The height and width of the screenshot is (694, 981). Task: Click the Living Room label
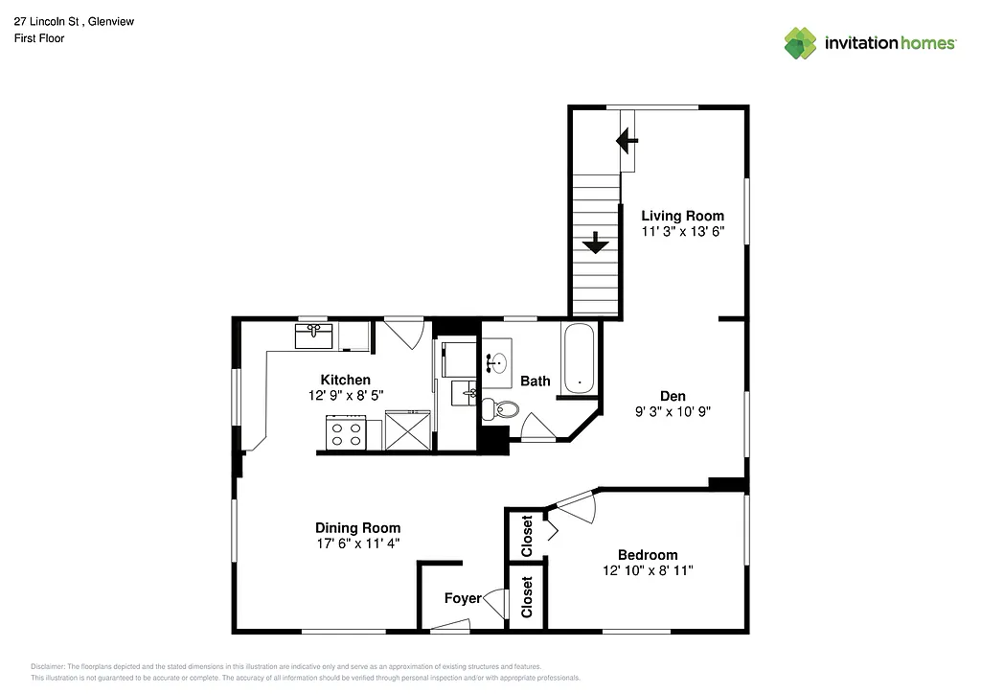tap(682, 216)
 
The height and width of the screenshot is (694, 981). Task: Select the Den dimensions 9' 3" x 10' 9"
tap(672, 411)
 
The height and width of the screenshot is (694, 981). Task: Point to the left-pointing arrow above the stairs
tap(627, 143)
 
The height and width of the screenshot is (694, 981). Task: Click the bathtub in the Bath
tap(579, 359)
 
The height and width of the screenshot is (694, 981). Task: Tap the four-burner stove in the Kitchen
tap(346, 431)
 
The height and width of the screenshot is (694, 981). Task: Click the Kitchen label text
tap(345, 380)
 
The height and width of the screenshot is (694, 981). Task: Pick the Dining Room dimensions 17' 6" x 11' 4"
tap(358, 544)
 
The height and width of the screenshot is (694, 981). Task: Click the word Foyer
tap(463, 598)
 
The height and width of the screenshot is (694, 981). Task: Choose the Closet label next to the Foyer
tap(526, 597)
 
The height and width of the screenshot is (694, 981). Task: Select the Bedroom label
tap(648, 554)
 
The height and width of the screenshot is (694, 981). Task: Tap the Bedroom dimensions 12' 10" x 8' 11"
tap(648, 570)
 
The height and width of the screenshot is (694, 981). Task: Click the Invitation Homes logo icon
tap(800, 43)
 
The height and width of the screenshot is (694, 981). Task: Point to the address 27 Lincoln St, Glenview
tap(74, 21)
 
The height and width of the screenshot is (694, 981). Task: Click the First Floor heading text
tap(39, 38)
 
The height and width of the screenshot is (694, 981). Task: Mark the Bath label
tap(535, 381)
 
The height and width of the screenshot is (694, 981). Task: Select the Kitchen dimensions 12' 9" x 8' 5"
tap(345, 395)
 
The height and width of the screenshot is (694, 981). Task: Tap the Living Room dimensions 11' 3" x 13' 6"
tap(682, 232)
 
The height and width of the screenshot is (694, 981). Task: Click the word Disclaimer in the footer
tap(48, 666)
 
